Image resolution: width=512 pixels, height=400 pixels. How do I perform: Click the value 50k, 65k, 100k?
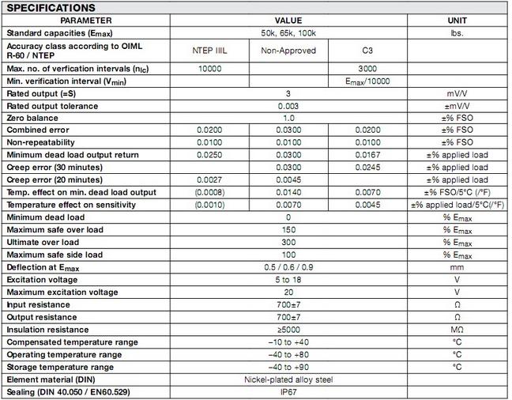(x=288, y=33)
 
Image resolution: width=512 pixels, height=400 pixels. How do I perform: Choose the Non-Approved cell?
(x=288, y=50)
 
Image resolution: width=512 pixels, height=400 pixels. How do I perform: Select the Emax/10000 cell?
(x=367, y=81)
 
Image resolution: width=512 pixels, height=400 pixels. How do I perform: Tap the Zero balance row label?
(x=34, y=117)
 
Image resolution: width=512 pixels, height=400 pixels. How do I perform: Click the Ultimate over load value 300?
(x=288, y=242)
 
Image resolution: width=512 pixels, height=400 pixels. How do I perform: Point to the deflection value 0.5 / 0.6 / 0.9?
(x=288, y=267)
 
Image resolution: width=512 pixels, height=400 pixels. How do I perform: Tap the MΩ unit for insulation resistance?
(x=456, y=330)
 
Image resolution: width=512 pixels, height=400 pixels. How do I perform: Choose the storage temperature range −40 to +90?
(x=288, y=368)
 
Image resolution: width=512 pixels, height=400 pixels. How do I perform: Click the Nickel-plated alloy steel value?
(x=288, y=379)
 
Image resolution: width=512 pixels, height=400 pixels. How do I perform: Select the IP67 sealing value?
(x=288, y=392)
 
